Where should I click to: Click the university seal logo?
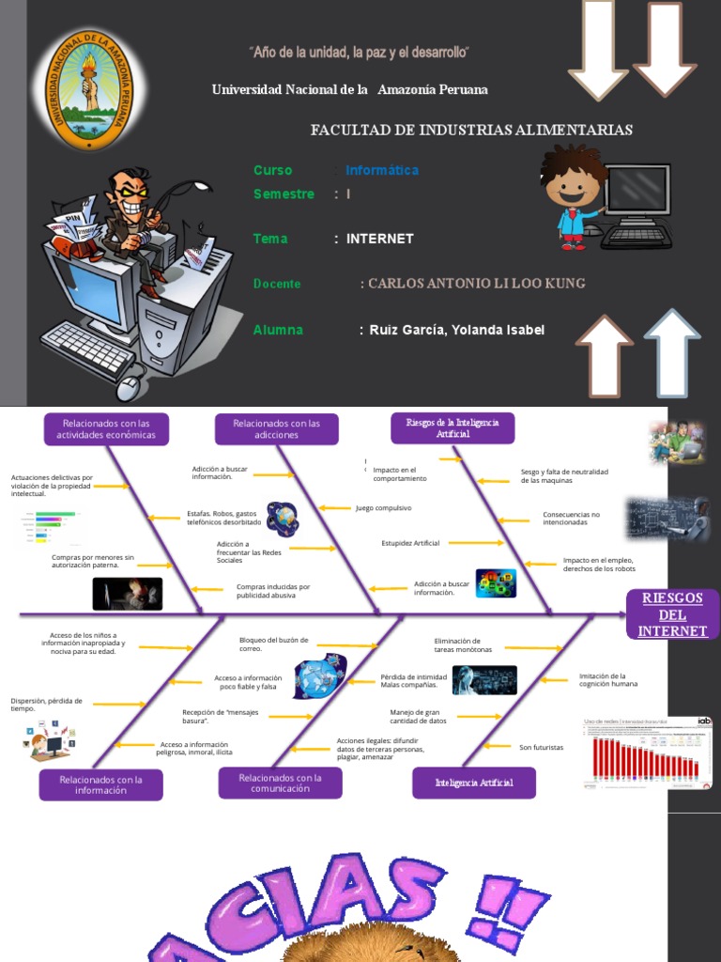(x=91, y=91)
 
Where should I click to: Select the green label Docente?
(x=277, y=284)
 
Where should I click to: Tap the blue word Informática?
(x=382, y=170)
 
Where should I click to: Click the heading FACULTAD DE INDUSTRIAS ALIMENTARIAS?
(x=471, y=130)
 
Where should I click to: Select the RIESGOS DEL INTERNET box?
(x=672, y=615)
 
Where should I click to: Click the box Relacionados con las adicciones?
(x=277, y=429)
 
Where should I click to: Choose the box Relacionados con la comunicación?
(x=280, y=784)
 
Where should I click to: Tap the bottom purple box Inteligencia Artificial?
(x=474, y=783)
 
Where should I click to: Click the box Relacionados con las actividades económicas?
(x=106, y=429)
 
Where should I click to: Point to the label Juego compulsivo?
(x=383, y=507)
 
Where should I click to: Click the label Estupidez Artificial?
(x=410, y=543)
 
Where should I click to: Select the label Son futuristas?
(x=541, y=747)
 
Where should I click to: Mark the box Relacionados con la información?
(x=100, y=784)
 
